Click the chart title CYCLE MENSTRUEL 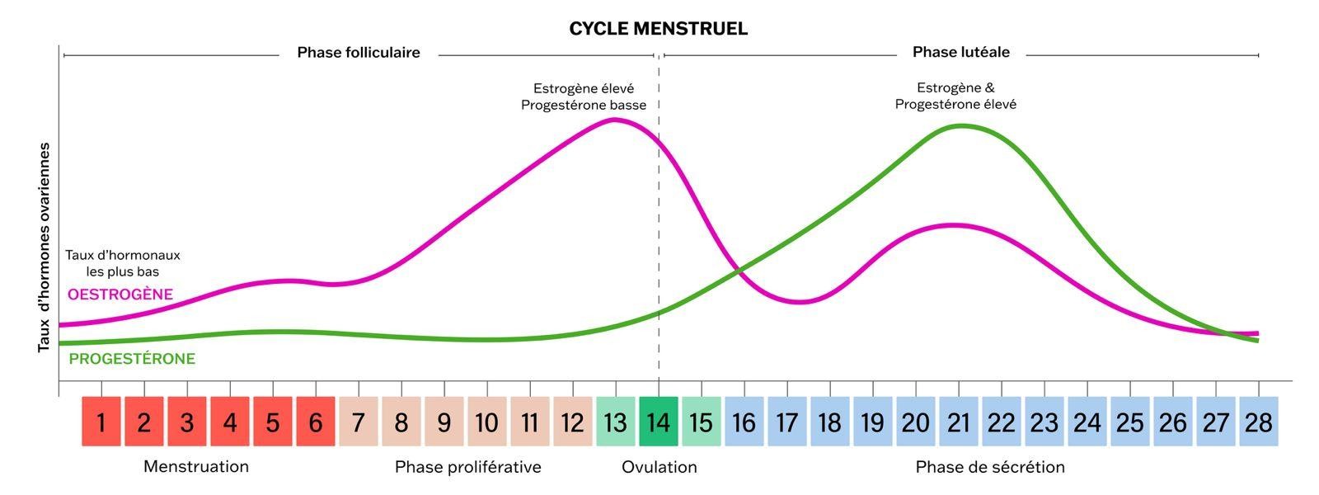click(x=658, y=29)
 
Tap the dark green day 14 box click(x=658, y=422)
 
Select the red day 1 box click(x=101, y=422)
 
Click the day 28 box click(x=1258, y=422)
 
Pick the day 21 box click(x=958, y=422)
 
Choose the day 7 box click(x=359, y=422)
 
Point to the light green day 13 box click(x=615, y=422)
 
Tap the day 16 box click(x=744, y=422)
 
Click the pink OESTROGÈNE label click(x=120, y=295)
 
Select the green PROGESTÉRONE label click(x=132, y=359)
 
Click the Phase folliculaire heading click(x=359, y=53)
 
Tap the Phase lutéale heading click(x=960, y=53)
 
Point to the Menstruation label click(x=196, y=467)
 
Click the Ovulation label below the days click(x=659, y=467)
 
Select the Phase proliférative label click(x=467, y=467)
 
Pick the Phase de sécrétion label click(x=990, y=467)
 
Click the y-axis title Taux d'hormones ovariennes click(x=45, y=247)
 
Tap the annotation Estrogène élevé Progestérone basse click(x=584, y=97)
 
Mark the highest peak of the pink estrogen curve click(x=613, y=120)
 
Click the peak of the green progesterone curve click(x=961, y=125)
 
